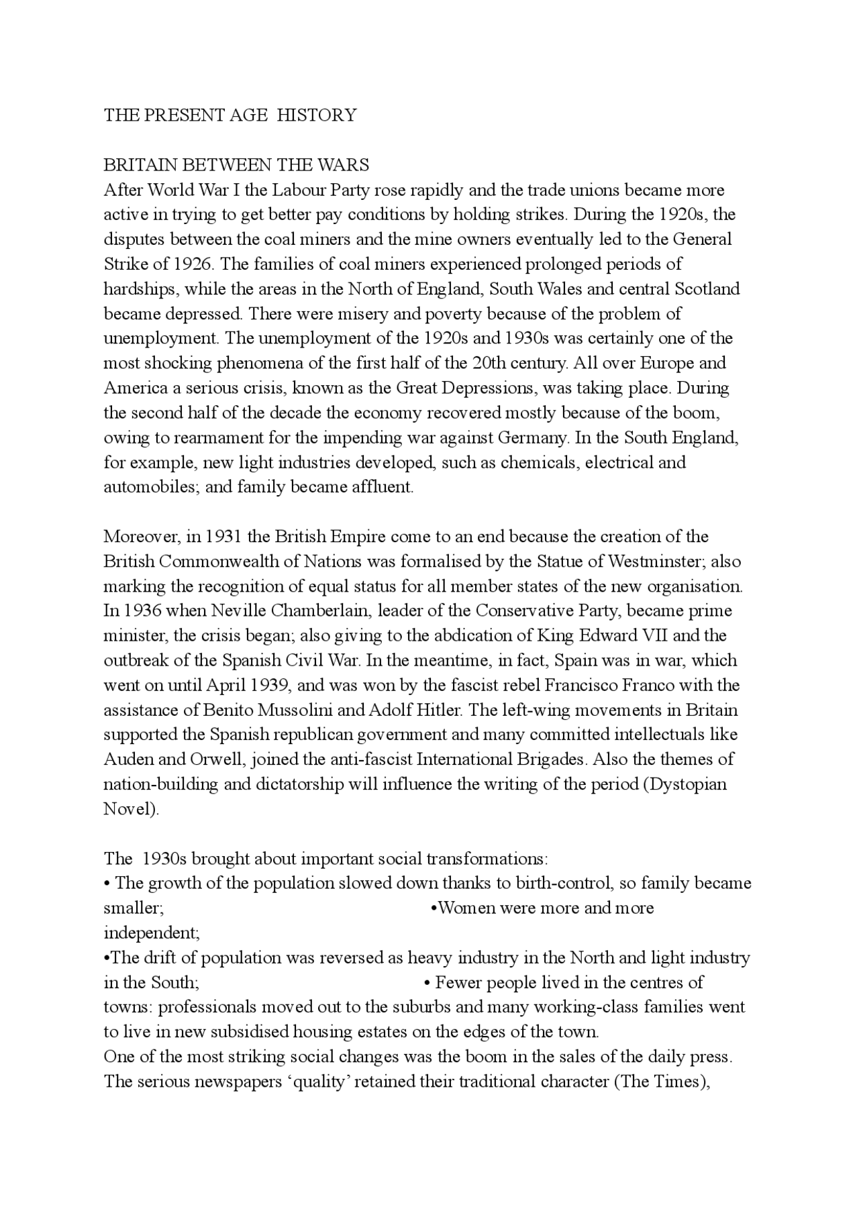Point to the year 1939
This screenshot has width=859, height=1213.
[270, 686]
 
